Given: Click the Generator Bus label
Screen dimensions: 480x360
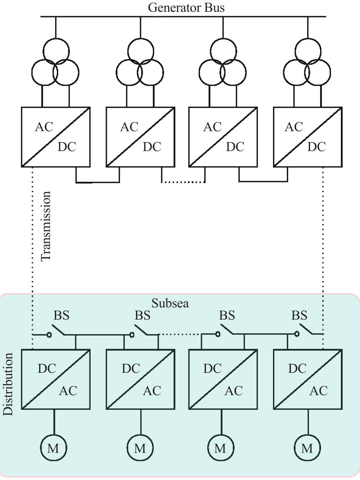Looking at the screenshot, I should [x=186, y=7].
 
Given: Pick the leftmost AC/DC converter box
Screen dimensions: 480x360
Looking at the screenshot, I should [x=56, y=137].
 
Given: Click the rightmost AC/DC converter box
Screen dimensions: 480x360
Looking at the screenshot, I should [x=308, y=137].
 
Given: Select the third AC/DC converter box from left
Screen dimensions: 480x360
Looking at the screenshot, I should [x=223, y=137].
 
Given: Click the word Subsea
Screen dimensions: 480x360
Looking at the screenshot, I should [x=170, y=303].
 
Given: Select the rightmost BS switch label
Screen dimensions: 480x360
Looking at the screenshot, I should [x=299, y=315].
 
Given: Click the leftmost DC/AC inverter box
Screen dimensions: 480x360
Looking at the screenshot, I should [x=56, y=379].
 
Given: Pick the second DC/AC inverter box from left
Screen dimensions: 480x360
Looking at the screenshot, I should [x=140, y=379].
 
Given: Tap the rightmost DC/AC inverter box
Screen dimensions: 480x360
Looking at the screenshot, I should [x=308, y=379].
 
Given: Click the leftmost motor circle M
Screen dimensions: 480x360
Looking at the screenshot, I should [x=53, y=448].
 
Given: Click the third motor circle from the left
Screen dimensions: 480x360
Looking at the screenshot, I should [x=220, y=448].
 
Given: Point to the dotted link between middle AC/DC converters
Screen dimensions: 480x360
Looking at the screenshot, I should [x=183, y=182].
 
